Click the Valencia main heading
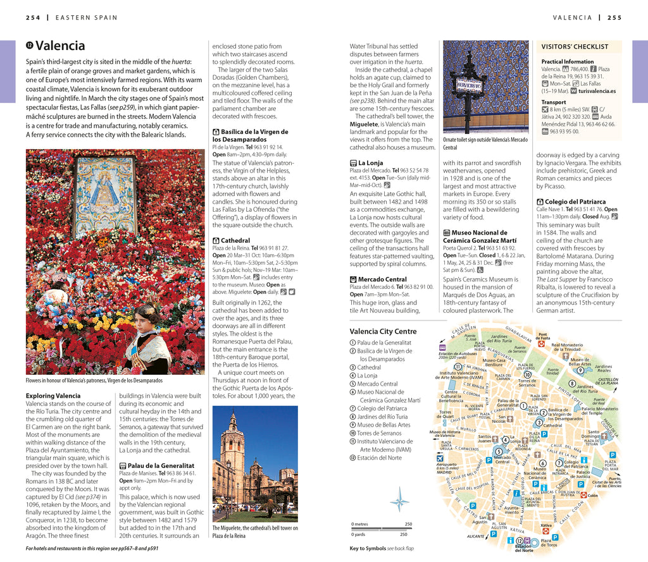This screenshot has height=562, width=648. (60, 46)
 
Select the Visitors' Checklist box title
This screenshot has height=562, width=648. (575, 46)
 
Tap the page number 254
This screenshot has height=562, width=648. (33, 17)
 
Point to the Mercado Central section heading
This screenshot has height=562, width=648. (382, 279)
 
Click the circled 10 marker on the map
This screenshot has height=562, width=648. (527, 374)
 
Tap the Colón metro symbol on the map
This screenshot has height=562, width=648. (583, 496)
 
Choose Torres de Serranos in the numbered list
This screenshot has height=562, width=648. (380, 433)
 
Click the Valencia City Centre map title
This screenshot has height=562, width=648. (383, 331)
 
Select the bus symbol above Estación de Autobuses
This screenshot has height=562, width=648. (442, 347)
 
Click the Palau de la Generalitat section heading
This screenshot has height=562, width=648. (160, 465)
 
